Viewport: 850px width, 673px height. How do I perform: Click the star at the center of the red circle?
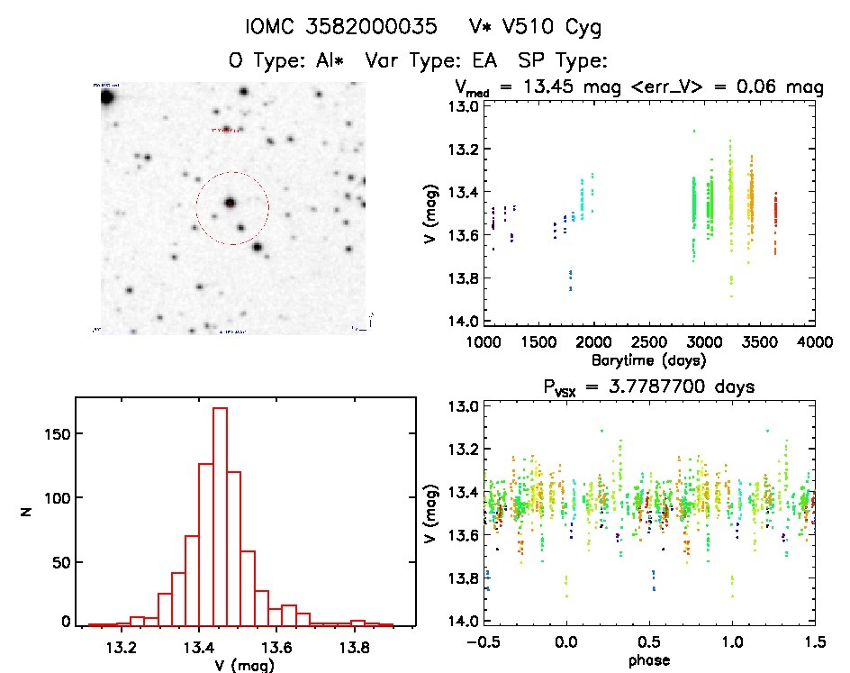click(x=231, y=203)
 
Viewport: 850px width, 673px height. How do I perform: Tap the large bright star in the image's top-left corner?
click(x=107, y=96)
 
